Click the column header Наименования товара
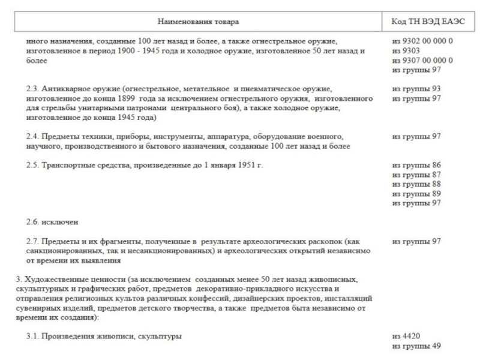197,22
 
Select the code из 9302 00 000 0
422,41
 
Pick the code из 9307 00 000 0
422,61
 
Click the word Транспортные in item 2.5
67,164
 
